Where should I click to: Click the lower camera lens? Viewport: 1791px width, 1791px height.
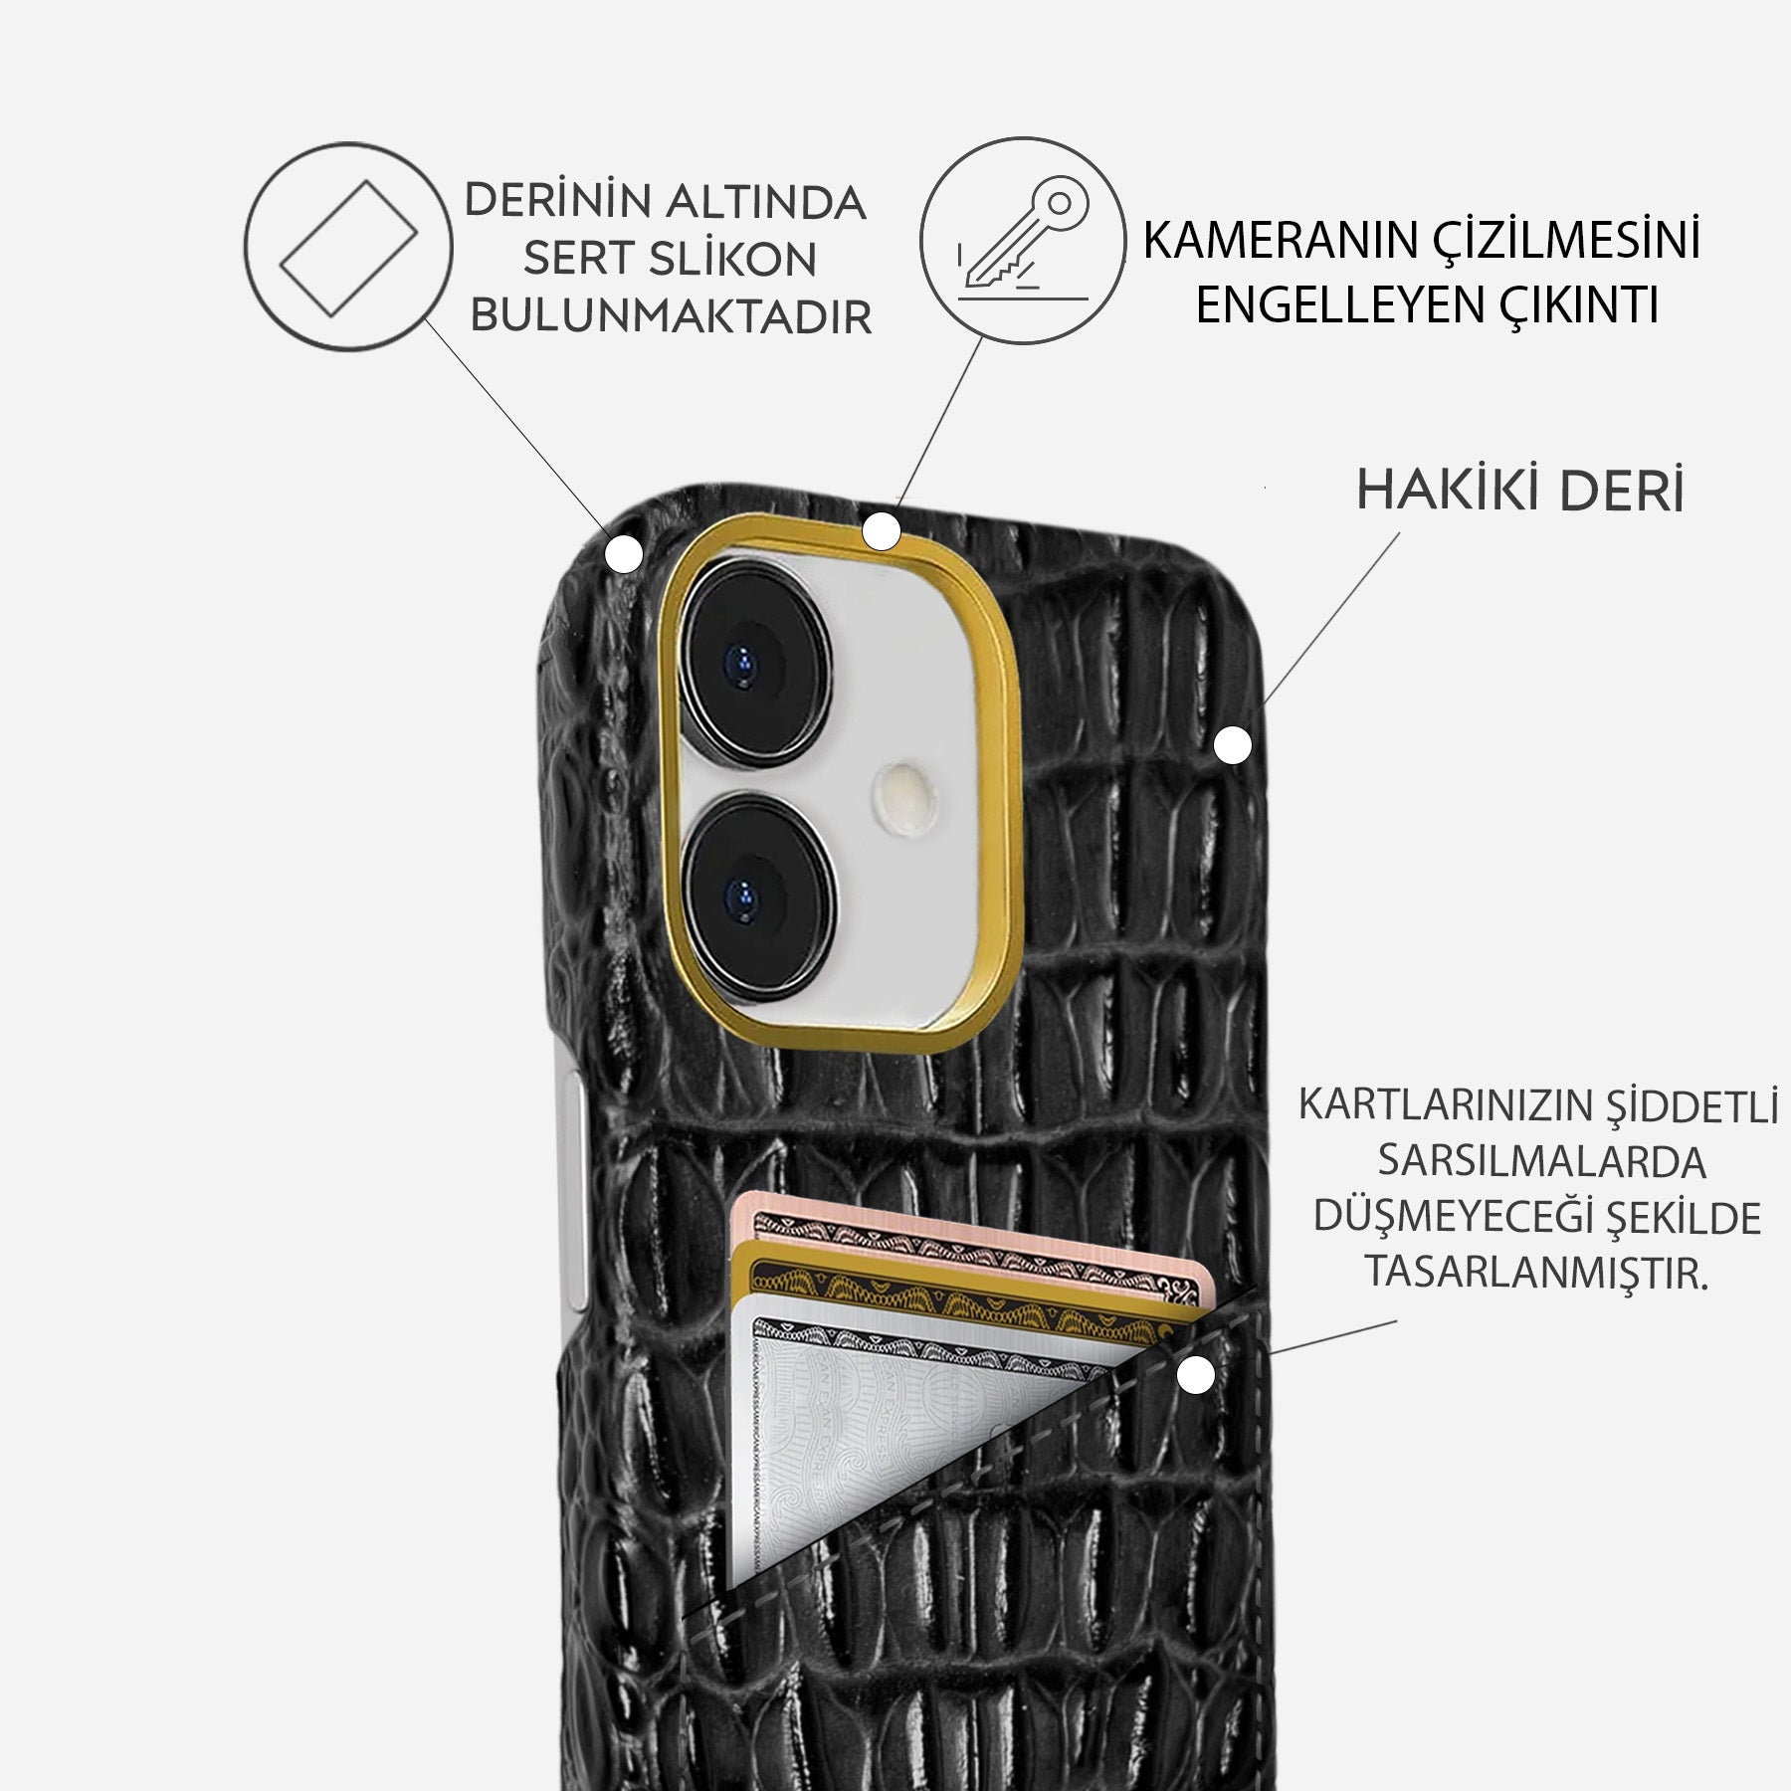[x=759, y=897]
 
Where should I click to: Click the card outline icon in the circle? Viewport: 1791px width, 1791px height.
[x=348, y=247]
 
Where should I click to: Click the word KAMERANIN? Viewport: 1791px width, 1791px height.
[x=1281, y=241]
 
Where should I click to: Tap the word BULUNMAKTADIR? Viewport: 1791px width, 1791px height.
[x=671, y=316]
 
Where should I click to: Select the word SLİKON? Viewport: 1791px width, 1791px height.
[x=733, y=260]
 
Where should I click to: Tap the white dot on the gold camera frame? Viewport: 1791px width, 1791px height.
[x=881, y=531]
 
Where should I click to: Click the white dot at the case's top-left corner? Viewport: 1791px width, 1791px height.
[x=624, y=554]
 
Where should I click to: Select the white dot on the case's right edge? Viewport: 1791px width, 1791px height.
[x=1233, y=745]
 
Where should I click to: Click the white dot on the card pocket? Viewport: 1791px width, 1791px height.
[x=1196, y=1377]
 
